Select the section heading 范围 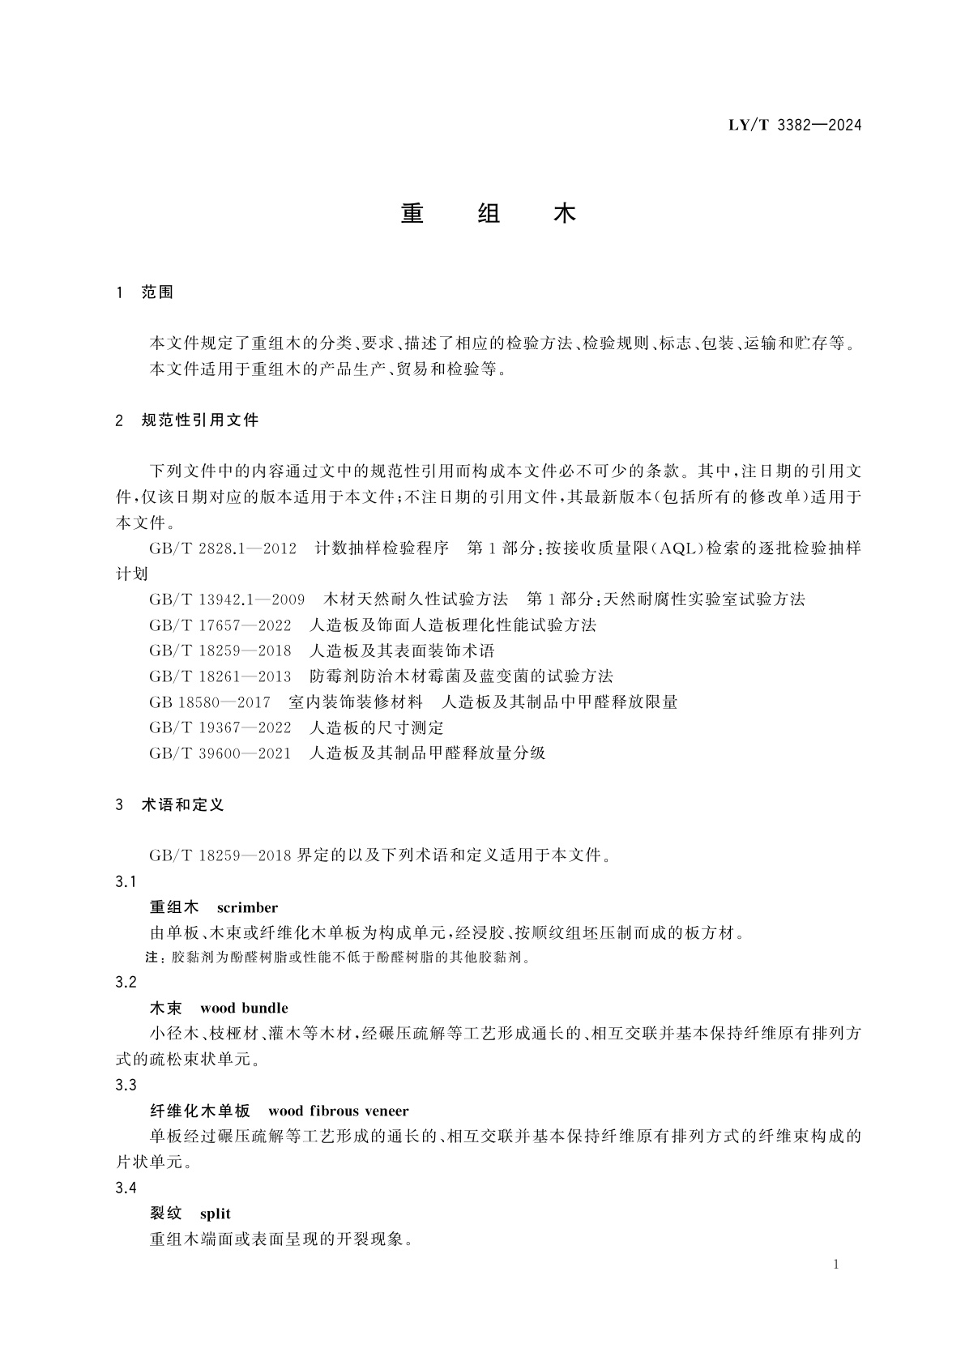[157, 292]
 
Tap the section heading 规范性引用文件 [199, 420]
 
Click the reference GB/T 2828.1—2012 [223, 548]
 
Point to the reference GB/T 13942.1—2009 [227, 599]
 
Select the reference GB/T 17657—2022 [220, 625]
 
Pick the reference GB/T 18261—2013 [220, 676]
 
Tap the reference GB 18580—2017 [209, 702]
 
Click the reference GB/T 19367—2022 [220, 727]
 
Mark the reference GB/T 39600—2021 [220, 753]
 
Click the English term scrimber [247, 908]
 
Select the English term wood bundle [244, 1009]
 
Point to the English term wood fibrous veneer [338, 1111]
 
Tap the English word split [216, 1214]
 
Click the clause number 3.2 [126, 983]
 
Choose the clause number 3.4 [126, 1188]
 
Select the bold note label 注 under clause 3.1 [152, 958]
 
